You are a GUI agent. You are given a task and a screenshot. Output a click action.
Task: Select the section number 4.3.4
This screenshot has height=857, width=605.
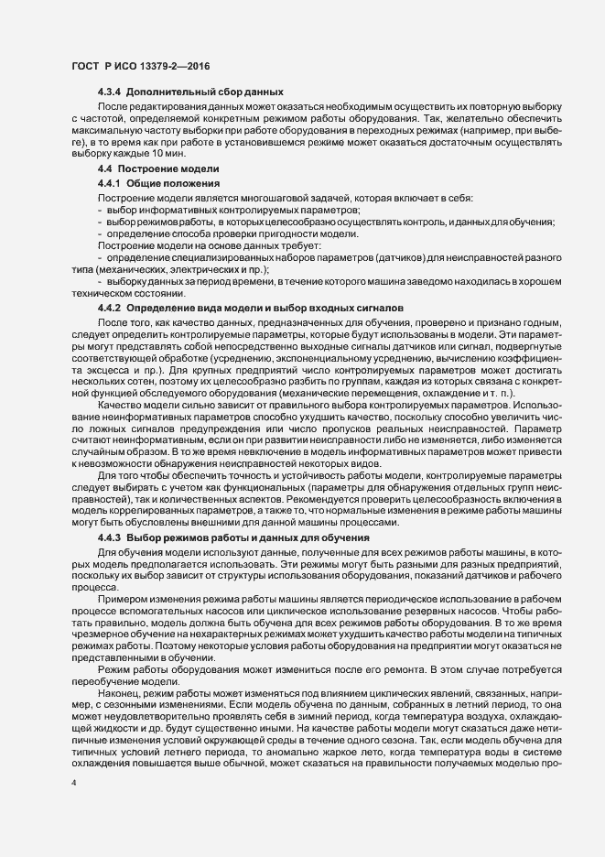coord(109,92)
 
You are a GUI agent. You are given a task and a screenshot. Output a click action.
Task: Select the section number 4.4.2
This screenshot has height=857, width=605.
coord(109,306)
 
